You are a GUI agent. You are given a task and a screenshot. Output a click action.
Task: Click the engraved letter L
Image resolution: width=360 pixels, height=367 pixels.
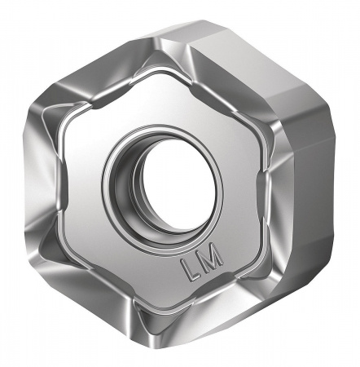click(x=187, y=270)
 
